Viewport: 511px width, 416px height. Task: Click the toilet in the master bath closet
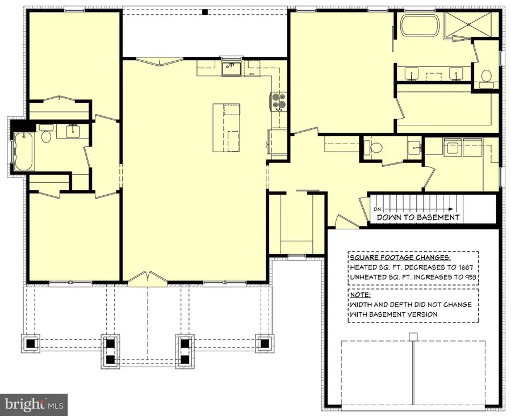[485, 76]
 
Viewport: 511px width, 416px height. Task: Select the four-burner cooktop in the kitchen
[278, 101]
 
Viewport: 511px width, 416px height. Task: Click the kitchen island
[227, 127]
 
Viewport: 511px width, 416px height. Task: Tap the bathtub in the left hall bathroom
[23, 152]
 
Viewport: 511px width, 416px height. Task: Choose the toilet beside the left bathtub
[47, 136]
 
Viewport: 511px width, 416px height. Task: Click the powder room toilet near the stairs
[375, 148]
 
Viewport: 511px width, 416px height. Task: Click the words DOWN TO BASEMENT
[417, 217]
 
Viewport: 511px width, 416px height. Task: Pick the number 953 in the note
[468, 278]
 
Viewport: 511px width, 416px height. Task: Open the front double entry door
[147, 278]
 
